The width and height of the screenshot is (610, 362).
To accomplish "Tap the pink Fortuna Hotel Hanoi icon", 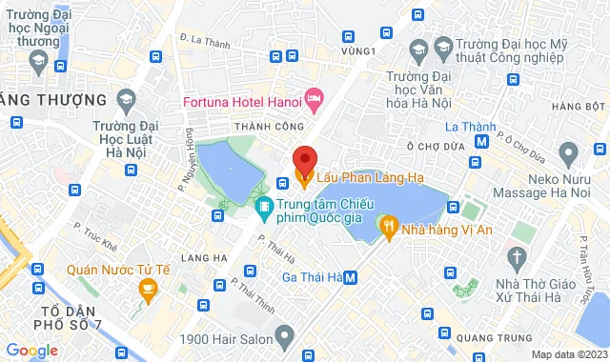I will (x=315, y=97).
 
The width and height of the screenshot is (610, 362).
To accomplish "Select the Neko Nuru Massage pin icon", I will (x=569, y=151).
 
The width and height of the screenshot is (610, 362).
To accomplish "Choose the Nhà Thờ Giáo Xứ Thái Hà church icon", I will (x=517, y=257).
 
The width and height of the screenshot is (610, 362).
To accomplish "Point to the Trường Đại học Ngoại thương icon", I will (x=39, y=63).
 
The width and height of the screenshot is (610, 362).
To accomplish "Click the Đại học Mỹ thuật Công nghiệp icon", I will (x=442, y=46).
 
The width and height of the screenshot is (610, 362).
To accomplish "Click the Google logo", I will (x=31, y=350).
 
